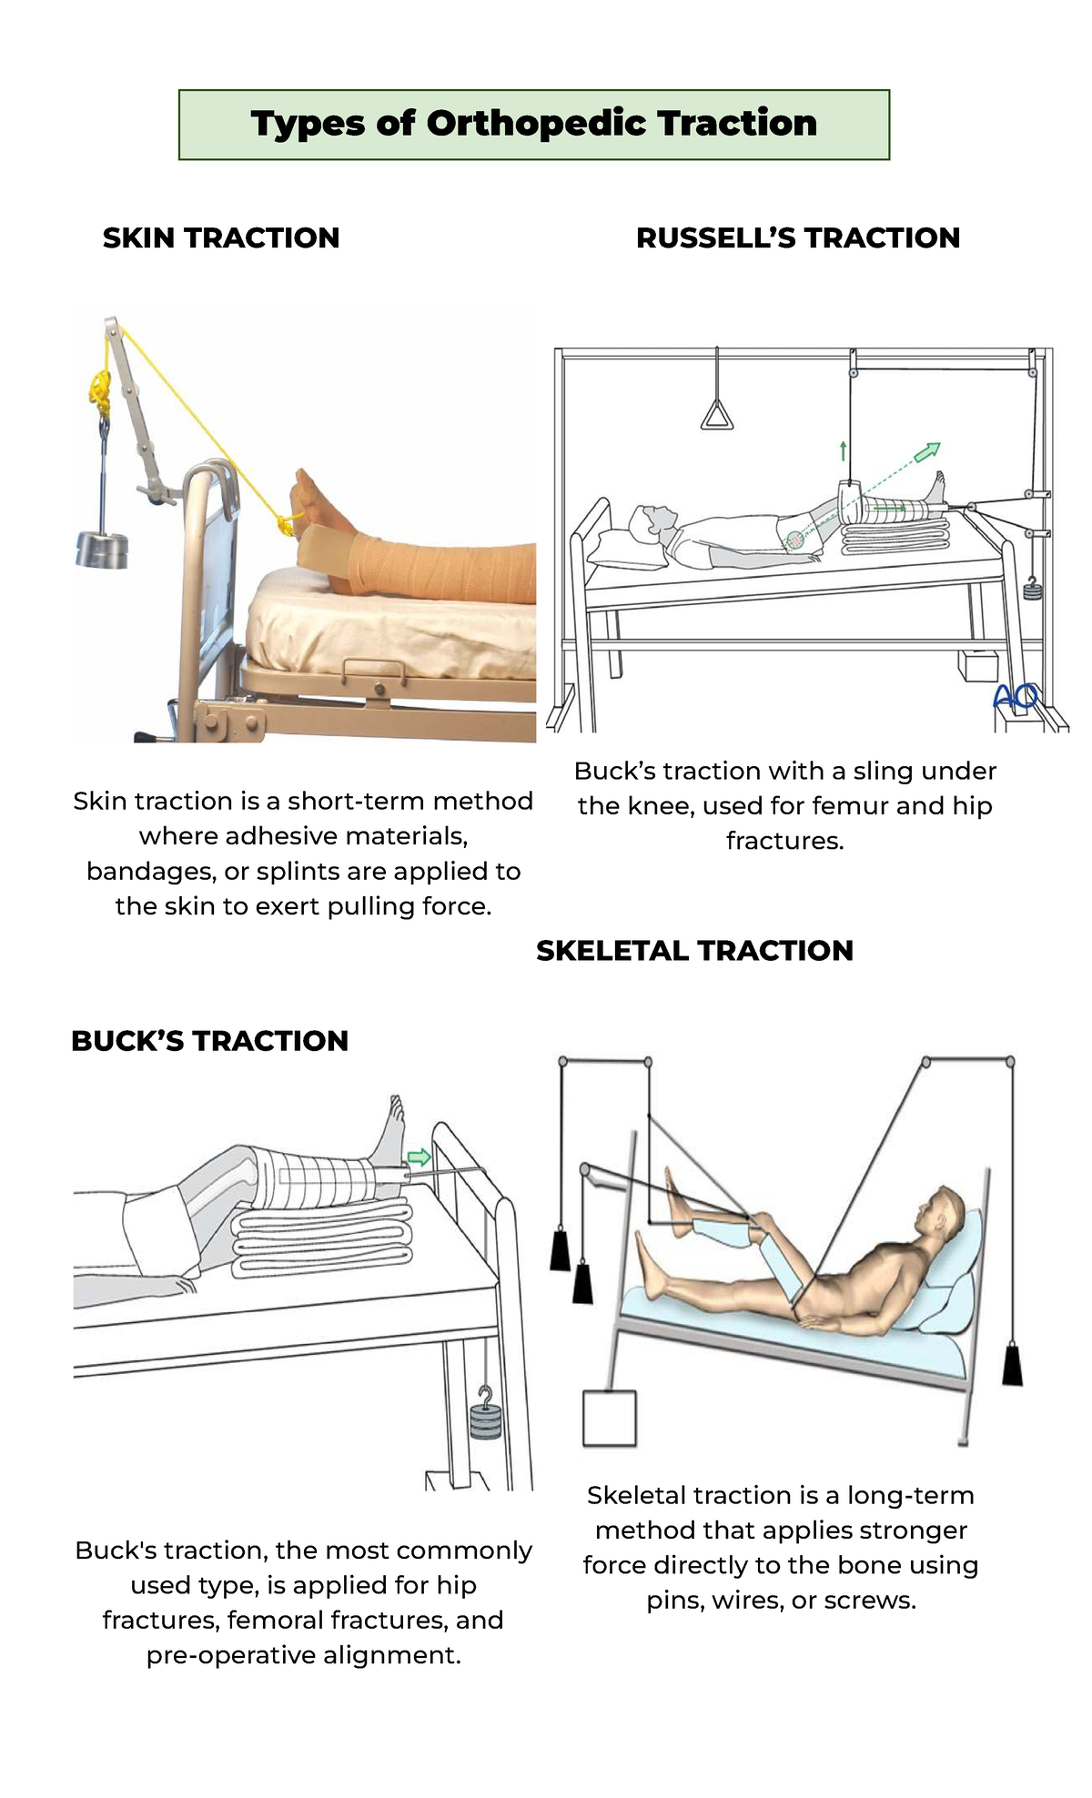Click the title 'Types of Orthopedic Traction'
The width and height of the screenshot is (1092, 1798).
[534, 124]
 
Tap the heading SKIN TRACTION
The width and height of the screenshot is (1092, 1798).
[221, 238]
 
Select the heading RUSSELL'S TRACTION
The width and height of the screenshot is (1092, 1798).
[798, 238]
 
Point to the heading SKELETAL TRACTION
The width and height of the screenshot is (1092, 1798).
[694, 951]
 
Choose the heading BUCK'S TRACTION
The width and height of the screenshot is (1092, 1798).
[209, 1041]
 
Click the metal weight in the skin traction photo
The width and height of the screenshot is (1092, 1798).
[102, 550]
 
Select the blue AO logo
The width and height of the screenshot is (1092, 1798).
[1016, 697]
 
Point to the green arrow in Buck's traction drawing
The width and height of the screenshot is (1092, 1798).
[419, 1157]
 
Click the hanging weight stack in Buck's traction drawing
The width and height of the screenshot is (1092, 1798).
[486, 1420]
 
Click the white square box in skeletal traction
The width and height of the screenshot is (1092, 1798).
[609, 1418]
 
